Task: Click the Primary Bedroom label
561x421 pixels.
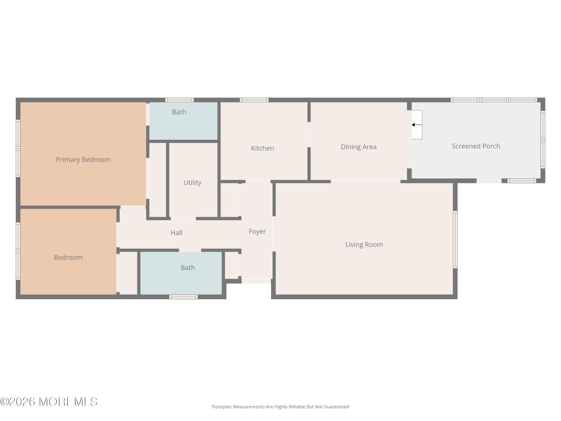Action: click(x=83, y=160)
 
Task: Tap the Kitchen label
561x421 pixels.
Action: click(x=263, y=148)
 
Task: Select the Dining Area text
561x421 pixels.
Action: click(x=359, y=147)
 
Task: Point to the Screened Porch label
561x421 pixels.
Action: click(x=476, y=146)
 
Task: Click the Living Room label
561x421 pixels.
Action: click(x=364, y=244)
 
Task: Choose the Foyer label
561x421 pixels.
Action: click(x=257, y=231)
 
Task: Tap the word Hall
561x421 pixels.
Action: click(x=177, y=233)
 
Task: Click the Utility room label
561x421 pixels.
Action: click(x=192, y=183)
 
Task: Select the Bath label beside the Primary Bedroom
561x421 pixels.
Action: click(x=179, y=112)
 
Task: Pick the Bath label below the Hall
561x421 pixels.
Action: click(x=188, y=268)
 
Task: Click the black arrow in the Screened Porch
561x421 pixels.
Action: click(x=417, y=125)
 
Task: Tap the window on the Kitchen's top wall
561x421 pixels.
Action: click(x=254, y=100)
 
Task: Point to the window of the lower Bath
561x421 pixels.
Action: click(x=183, y=297)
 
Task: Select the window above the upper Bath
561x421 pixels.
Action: click(x=180, y=100)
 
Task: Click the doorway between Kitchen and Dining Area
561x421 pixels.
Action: click(x=309, y=135)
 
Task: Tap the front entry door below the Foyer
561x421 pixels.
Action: click(x=256, y=281)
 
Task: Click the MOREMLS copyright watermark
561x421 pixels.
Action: click(x=49, y=402)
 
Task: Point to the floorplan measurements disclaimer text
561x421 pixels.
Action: click(x=280, y=407)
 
